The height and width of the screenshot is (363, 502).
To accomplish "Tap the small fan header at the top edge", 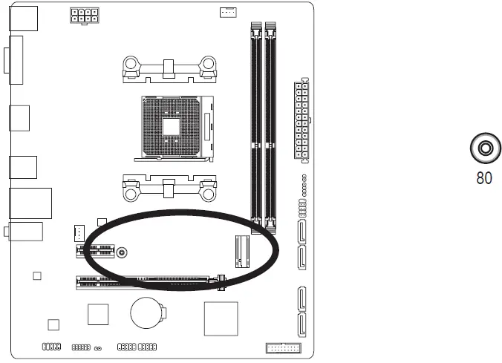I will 228,12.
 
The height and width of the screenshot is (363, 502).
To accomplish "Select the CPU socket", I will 172,126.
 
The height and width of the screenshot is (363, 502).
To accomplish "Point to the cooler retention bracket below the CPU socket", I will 169,188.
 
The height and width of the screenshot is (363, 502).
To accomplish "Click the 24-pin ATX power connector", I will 301,120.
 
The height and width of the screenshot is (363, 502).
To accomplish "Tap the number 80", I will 484,178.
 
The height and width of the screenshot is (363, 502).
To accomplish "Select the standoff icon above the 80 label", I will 484,148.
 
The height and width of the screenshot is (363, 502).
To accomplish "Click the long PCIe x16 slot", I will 149,282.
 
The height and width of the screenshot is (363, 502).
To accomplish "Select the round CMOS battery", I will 146,313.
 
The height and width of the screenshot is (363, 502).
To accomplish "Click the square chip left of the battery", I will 98,314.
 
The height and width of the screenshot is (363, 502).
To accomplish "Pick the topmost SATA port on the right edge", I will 304,232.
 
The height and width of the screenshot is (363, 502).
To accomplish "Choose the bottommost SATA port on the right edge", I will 304,323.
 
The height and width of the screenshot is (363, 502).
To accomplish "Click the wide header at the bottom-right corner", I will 282,348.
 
